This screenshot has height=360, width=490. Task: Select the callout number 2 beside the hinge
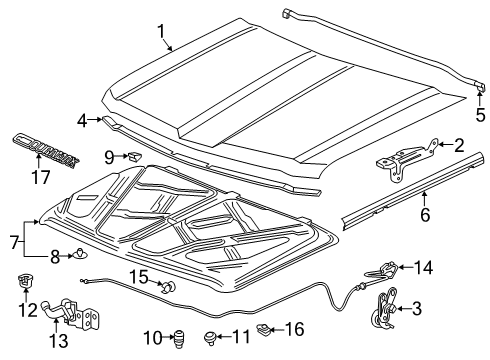pyautogui.click(x=458, y=145)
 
